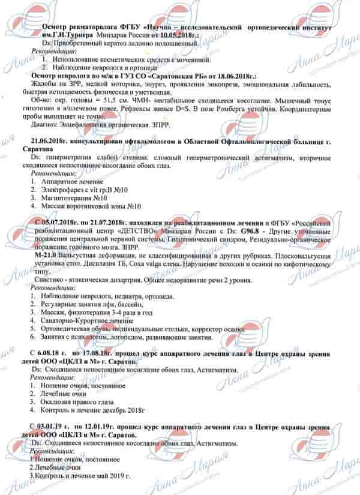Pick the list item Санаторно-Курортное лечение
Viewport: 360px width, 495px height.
80,321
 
